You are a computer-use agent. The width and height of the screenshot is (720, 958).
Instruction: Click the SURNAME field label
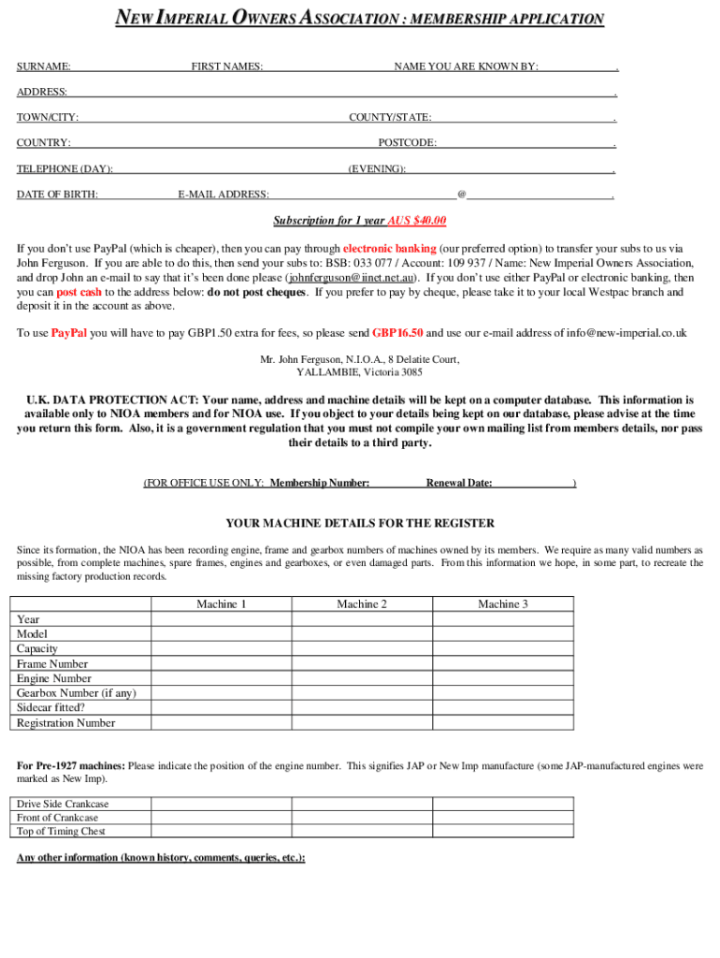(x=44, y=66)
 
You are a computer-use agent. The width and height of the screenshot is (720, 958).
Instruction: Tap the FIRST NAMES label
(x=226, y=66)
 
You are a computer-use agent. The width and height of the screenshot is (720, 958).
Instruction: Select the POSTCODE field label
(x=407, y=143)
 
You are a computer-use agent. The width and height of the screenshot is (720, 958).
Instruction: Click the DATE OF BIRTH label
(x=57, y=195)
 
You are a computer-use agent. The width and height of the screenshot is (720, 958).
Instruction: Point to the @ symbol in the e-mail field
(x=461, y=195)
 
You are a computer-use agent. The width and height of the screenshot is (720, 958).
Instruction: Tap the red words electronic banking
(x=389, y=249)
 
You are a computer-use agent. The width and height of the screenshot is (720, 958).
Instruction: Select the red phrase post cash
(x=79, y=292)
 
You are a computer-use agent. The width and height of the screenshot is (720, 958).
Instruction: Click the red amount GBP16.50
(x=397, y=333)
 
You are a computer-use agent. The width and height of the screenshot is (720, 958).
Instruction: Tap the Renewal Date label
(x=459, y=484)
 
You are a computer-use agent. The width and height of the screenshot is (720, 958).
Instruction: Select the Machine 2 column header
(x=362, y=604)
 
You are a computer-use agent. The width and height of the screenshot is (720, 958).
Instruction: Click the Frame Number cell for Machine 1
(x=222, y=663)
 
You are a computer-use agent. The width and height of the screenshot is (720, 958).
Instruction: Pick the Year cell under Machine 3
(x=503, y=619)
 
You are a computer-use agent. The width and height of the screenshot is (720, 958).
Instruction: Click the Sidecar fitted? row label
(x=50, y=708)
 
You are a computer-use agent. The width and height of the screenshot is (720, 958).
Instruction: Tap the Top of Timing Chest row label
(x=61, y=831)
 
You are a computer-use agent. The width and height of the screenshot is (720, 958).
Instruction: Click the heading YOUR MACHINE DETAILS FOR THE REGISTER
(x=360, y=524)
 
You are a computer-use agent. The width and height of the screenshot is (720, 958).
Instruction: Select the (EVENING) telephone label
(x=377, y=169)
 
